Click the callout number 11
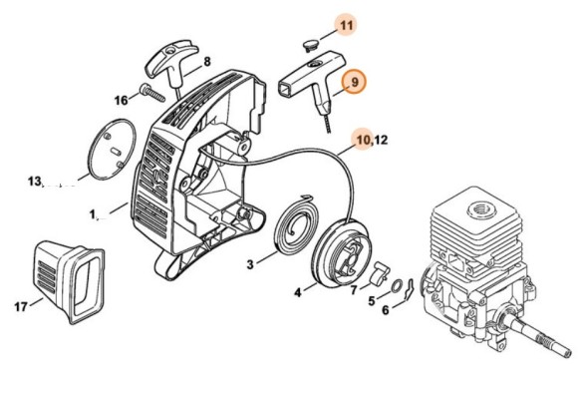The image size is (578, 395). pos(346,26)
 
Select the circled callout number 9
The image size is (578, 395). pos(354,82)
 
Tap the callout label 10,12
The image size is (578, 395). pos(372,140)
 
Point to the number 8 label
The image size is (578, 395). pos(207,62)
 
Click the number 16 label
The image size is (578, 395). pos(122,101)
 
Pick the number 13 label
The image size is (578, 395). pos(34,182)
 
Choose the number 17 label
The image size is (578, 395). pos(21,306)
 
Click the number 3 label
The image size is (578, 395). pos(250,264)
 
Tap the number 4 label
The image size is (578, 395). pos(298,293)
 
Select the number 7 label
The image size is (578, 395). pos(354,290)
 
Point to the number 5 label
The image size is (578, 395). pos(371,301)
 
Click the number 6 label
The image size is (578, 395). pos(386,310)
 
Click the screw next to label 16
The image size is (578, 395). pos(151,92)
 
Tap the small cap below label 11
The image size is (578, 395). pos(309,45)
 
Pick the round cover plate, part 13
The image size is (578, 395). pos(112,150)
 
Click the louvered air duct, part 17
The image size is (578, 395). pos(69,281)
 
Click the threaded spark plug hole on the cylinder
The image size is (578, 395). pos(480,211)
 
